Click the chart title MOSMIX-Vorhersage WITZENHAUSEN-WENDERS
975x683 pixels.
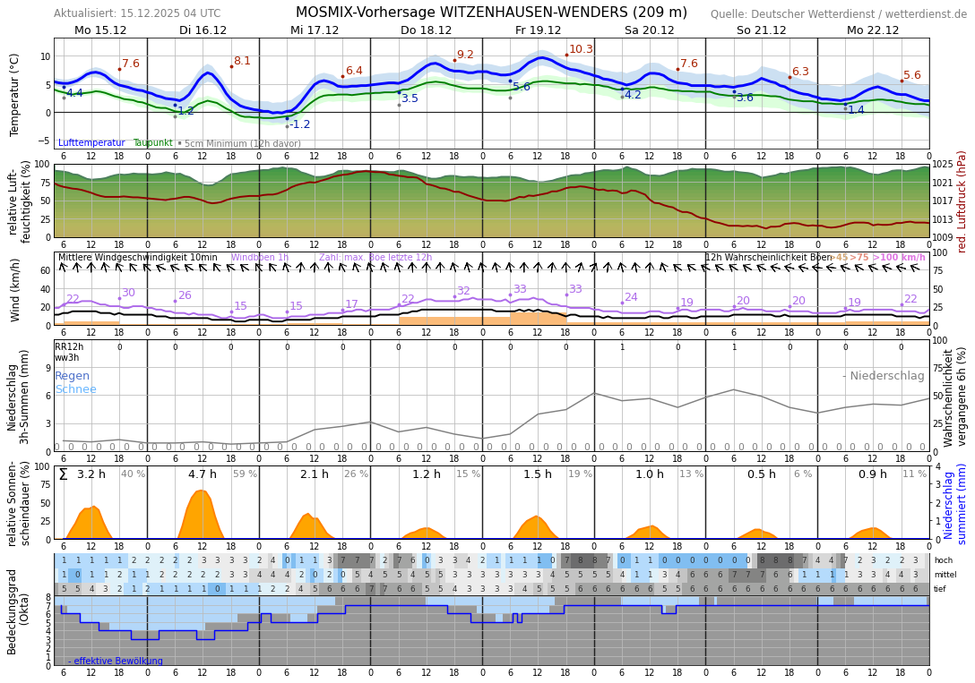tap(491, 13)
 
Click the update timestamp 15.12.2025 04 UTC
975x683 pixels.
tap(171, 13)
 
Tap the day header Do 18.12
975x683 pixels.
tap(426, 30)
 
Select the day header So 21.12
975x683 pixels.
tap(761, 30)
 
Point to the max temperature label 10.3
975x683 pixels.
tap(581, 49)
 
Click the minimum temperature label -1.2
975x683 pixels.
tap(299, 124)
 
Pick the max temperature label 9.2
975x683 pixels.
tap(465, 55)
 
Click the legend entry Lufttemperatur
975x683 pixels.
tap(91, 143)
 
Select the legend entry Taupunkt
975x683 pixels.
tap(152, 143)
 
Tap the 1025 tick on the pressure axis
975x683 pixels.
tap(944, 165)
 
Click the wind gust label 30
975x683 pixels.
tap(128, 293)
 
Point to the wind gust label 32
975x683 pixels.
tap(463, 291)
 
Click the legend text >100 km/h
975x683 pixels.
tap(899, 258)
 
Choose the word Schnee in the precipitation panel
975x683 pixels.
tap(75, 389)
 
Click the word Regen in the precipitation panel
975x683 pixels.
tap(73, 376)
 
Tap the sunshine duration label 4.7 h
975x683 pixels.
tap(202, 474)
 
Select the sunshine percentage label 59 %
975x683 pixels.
tap(245, 474)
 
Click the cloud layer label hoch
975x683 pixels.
tap(944, 560)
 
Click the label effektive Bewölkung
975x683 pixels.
tap(118, 662)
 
